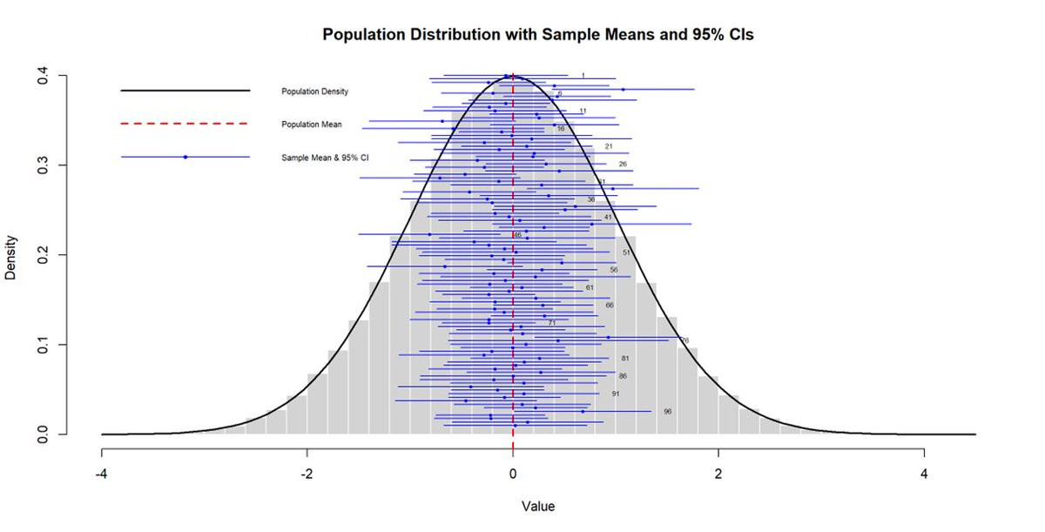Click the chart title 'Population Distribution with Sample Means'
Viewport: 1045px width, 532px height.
537,35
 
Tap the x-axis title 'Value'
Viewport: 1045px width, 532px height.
537,506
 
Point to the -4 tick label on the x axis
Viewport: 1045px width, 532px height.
102,475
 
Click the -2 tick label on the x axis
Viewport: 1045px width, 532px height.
307,475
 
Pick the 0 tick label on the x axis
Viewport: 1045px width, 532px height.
513,475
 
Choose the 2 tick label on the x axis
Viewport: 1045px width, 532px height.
718,475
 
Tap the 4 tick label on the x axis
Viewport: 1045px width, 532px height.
924,475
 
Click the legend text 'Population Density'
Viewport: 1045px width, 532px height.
314,91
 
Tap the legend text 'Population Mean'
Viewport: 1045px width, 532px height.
311,125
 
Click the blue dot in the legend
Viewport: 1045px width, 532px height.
185,158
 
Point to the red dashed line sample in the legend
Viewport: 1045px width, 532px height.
185,124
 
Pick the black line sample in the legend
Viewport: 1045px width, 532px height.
185,91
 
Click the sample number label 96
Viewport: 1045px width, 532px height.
668,411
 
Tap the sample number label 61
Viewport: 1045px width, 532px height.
590,287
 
